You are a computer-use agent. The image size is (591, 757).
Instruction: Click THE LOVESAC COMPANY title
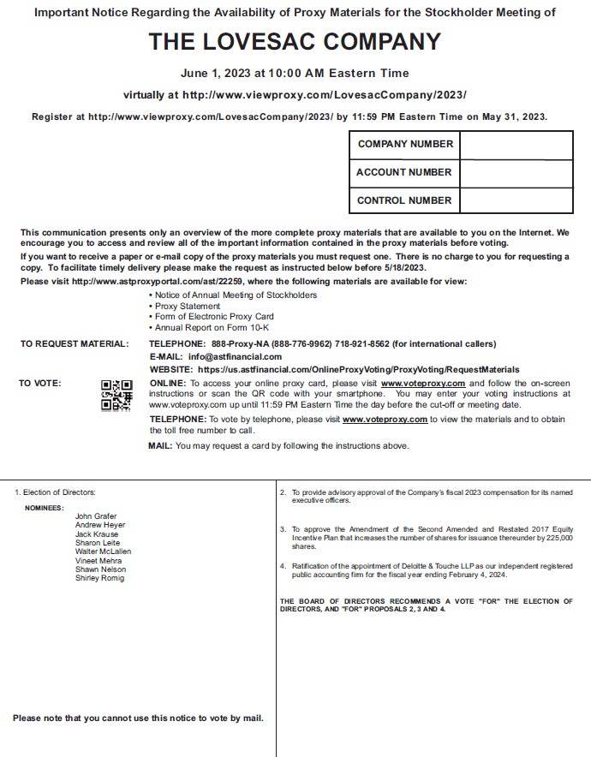click(295, 42)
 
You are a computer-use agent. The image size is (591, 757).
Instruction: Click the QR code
click(116, 396)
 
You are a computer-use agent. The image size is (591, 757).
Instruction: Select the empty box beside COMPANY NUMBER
click(516, 144)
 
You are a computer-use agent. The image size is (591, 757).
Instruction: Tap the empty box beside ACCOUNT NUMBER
click(516, 172)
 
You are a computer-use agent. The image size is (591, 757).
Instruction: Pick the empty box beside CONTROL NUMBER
click(516, 200)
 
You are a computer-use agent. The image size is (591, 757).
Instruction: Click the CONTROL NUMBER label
click(403, 200)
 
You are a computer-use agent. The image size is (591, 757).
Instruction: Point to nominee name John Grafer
click(96, 516)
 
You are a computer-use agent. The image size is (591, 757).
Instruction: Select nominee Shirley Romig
click(99, 578)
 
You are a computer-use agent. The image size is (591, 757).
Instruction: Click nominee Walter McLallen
click(103, 551)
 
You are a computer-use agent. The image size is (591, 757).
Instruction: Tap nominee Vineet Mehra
click(98, 561)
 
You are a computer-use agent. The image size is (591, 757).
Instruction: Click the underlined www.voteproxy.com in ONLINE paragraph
click(422, 384)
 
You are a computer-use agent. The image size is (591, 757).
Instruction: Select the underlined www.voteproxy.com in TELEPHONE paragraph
click(385, 420)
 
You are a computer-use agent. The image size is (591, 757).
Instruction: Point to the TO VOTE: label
click(40, 384)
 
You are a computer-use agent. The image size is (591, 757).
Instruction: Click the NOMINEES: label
click(44, 507)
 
